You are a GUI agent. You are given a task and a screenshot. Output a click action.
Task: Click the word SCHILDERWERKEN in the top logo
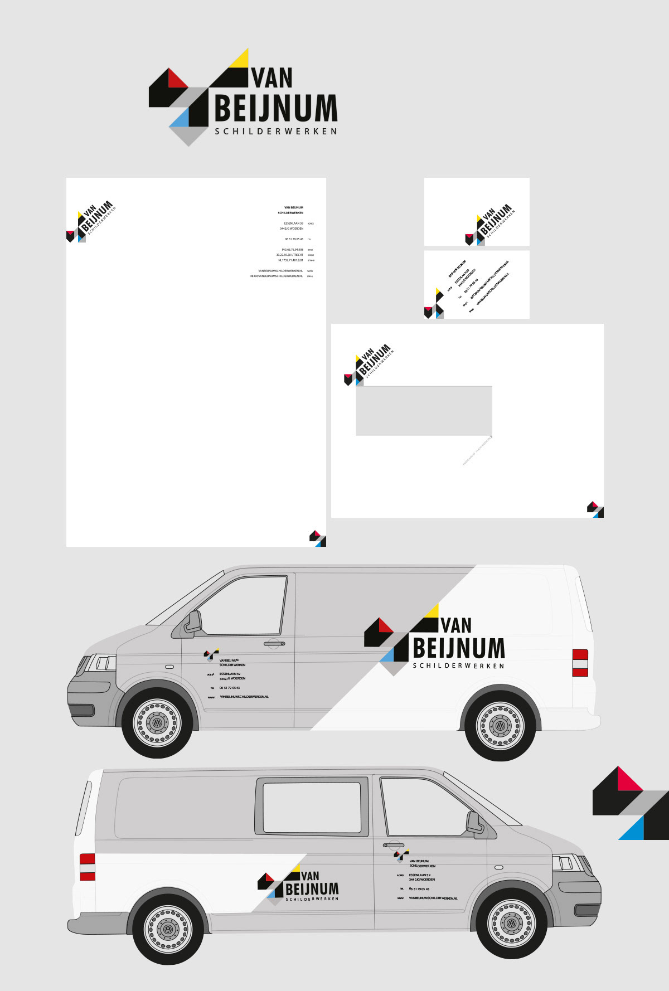coord(276,132)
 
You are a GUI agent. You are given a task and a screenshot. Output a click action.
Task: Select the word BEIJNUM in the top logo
coord(276,108)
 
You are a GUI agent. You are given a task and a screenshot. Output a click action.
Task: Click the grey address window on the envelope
coord(424,411)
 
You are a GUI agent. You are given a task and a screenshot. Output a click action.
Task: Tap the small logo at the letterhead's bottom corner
coord(318,538)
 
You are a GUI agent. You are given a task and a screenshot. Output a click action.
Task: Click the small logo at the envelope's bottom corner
coord(595,509)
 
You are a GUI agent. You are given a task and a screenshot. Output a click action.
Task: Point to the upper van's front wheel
coord(158,723)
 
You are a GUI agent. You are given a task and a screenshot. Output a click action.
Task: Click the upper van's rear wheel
coord(500,726)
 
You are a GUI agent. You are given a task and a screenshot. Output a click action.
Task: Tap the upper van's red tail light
coord(580,663)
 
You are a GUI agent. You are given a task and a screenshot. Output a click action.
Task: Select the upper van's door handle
coord(274,644)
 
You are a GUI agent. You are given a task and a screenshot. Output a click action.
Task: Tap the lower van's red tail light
coord(88,867)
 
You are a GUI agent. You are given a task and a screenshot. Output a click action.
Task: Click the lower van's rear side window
coord(312,807)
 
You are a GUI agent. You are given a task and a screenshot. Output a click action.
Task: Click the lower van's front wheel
coord(511,924)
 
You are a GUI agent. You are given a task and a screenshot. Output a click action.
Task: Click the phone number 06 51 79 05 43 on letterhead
coord(294,239)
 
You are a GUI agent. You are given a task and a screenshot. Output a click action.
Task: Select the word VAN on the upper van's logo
coord(457,625)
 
